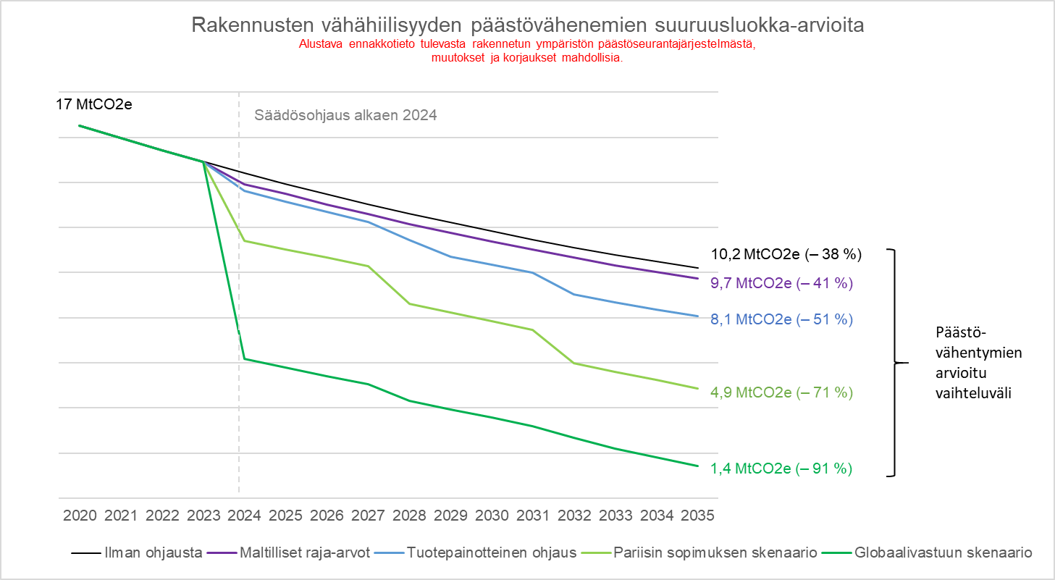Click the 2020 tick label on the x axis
(80, 516)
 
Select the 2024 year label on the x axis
(245, 516)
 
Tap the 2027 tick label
(369, 516)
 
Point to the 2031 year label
(534, 516)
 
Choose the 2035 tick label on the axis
(698, 516)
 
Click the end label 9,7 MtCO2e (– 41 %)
(781, 283)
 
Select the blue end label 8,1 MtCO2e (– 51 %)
(781, 319)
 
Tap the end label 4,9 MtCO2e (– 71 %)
(781, 392)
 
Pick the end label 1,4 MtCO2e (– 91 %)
(781, 468)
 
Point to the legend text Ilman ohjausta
(152, 552)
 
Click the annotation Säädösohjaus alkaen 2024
(345, 114)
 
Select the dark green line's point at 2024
(245, 358)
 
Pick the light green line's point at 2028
(410, 303)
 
